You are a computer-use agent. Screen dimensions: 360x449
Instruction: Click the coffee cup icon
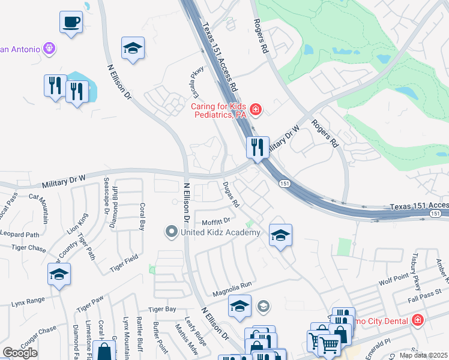(x=71, y=23)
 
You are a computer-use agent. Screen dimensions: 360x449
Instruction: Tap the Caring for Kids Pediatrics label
(x=218, y=110)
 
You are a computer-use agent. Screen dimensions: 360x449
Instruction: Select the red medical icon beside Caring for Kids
(x=256, y=109)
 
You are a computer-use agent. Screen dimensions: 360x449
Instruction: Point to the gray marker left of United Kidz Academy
(x=172, y=231)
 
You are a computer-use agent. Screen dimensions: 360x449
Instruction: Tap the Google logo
(x=20, y=353)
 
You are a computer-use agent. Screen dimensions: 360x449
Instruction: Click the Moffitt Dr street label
(x=216, y=221)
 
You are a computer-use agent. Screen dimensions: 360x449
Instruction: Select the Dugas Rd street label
(x=231, y=195)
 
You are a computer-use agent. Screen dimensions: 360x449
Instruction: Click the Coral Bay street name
(x=142, y=216)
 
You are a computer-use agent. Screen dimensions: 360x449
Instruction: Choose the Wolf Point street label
(x=393, y=280)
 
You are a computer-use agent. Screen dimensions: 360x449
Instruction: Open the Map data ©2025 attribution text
(x=424, y=355)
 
